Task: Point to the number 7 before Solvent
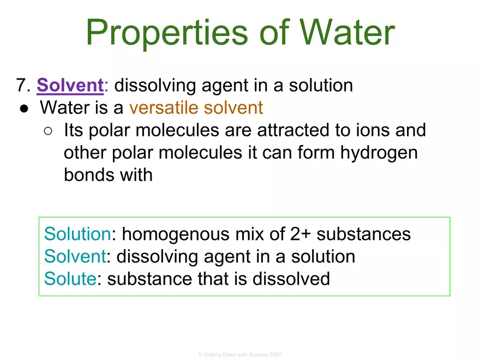tap(22, 86)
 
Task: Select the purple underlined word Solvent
tap(70, 86)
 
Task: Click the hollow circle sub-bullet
tap(48, 131)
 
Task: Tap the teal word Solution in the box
tap(77, 234)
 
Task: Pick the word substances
tap(364, 234)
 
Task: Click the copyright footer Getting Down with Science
tap(240, 355)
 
